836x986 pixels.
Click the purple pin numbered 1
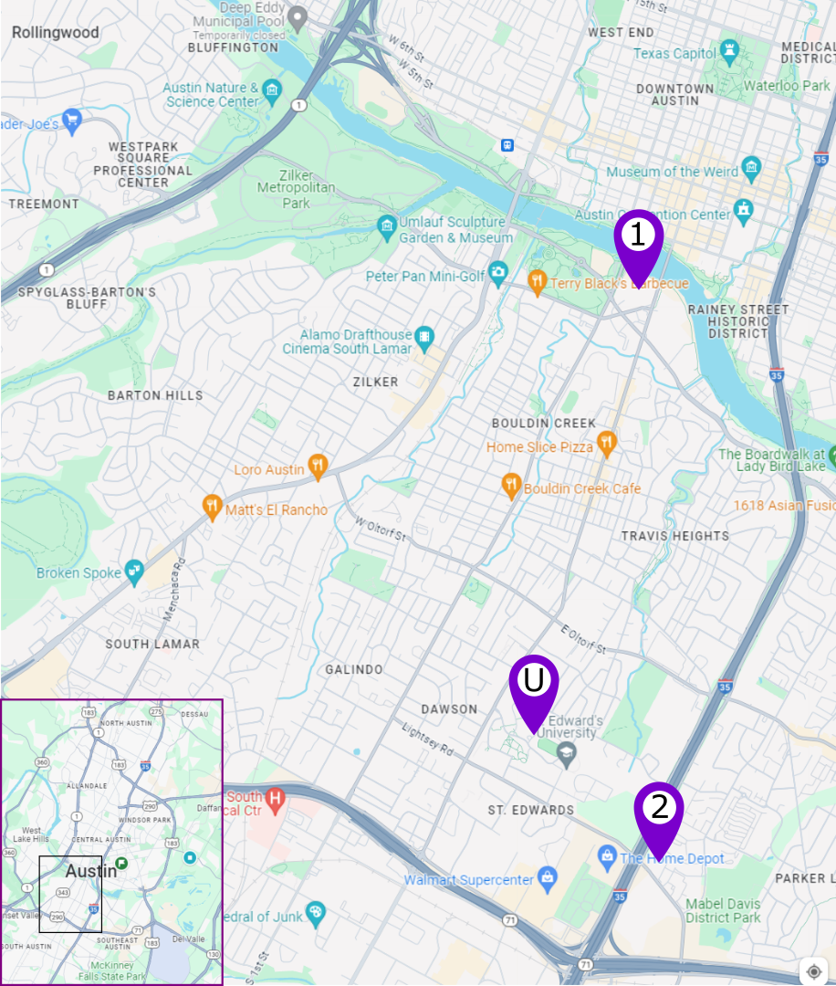[x=638, y=238]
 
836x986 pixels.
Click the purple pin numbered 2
[x=659, y=809]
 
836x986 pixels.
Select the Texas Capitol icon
[x=729, y=52]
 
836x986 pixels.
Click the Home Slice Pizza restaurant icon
[x=607, y=446]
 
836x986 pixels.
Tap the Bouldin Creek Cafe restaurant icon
[x=511, y=488]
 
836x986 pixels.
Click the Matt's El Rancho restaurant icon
[x=212, y=508]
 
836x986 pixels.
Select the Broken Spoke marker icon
[x=134, y=572]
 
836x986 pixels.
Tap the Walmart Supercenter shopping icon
[x=547, y=879]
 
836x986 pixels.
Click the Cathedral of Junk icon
[x=316, y=914]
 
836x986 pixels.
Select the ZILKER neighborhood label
[x=375, y=383]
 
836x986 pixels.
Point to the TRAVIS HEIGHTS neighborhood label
[x=674, y=536]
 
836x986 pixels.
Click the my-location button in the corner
[x=814, y=970]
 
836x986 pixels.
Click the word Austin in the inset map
[x=91, y=871]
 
